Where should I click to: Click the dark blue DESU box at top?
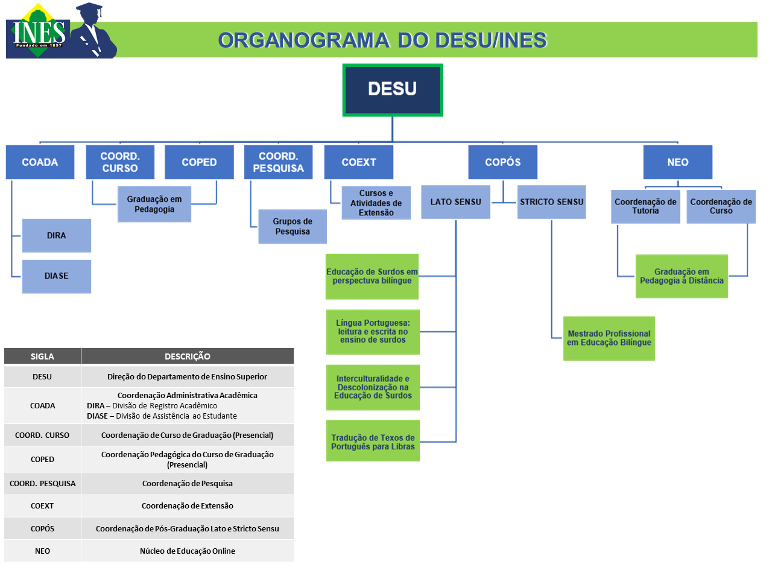(393, 89)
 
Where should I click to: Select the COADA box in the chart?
(40, 162)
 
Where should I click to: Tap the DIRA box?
(57, 235)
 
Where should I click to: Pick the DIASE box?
(57, 276)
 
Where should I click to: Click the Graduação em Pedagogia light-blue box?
(154, 204)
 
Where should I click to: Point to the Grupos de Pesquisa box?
(293, 227)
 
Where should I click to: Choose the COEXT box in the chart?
(358, 162)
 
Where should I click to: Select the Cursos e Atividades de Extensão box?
(376, 203)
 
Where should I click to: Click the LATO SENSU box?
(456, 201)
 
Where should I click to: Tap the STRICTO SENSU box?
(551, 201)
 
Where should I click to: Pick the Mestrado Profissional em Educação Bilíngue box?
(609, 338)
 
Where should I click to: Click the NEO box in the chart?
(678, 162)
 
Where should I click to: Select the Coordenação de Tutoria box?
(645, 206)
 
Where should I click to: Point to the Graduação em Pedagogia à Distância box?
(682, 276)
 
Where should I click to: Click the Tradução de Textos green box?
(373, 442)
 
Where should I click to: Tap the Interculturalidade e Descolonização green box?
(373, 387)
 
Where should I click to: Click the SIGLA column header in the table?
(42, 356)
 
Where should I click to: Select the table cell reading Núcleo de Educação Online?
(188, 551)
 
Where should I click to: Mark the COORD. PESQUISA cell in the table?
(42, 483)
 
